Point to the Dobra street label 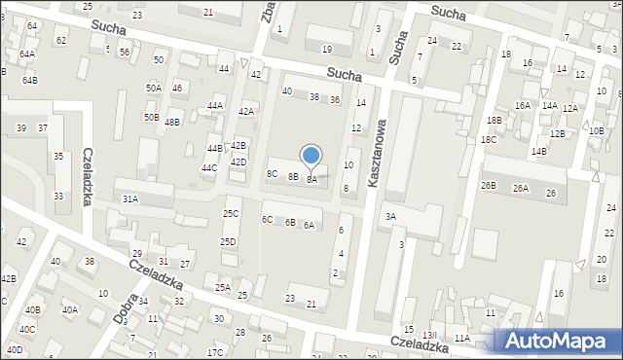tap(125, 306)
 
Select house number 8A tap(312, 180)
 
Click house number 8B tap(293, 177)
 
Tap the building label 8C tap(273, 173)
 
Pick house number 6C tap(267, 219)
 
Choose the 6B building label tap(290, 223)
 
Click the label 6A tap(309, 226)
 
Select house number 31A tap(129, 198)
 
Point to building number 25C tap(231, 213)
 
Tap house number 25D tap(228, 241)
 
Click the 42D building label tap(238, 162)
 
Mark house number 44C tap(209, 168)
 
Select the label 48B tap(172, 123)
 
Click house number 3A tap(390, 216)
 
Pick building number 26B tap(488, 185)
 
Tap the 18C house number tap(488, 140)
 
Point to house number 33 tap(58, 197)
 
